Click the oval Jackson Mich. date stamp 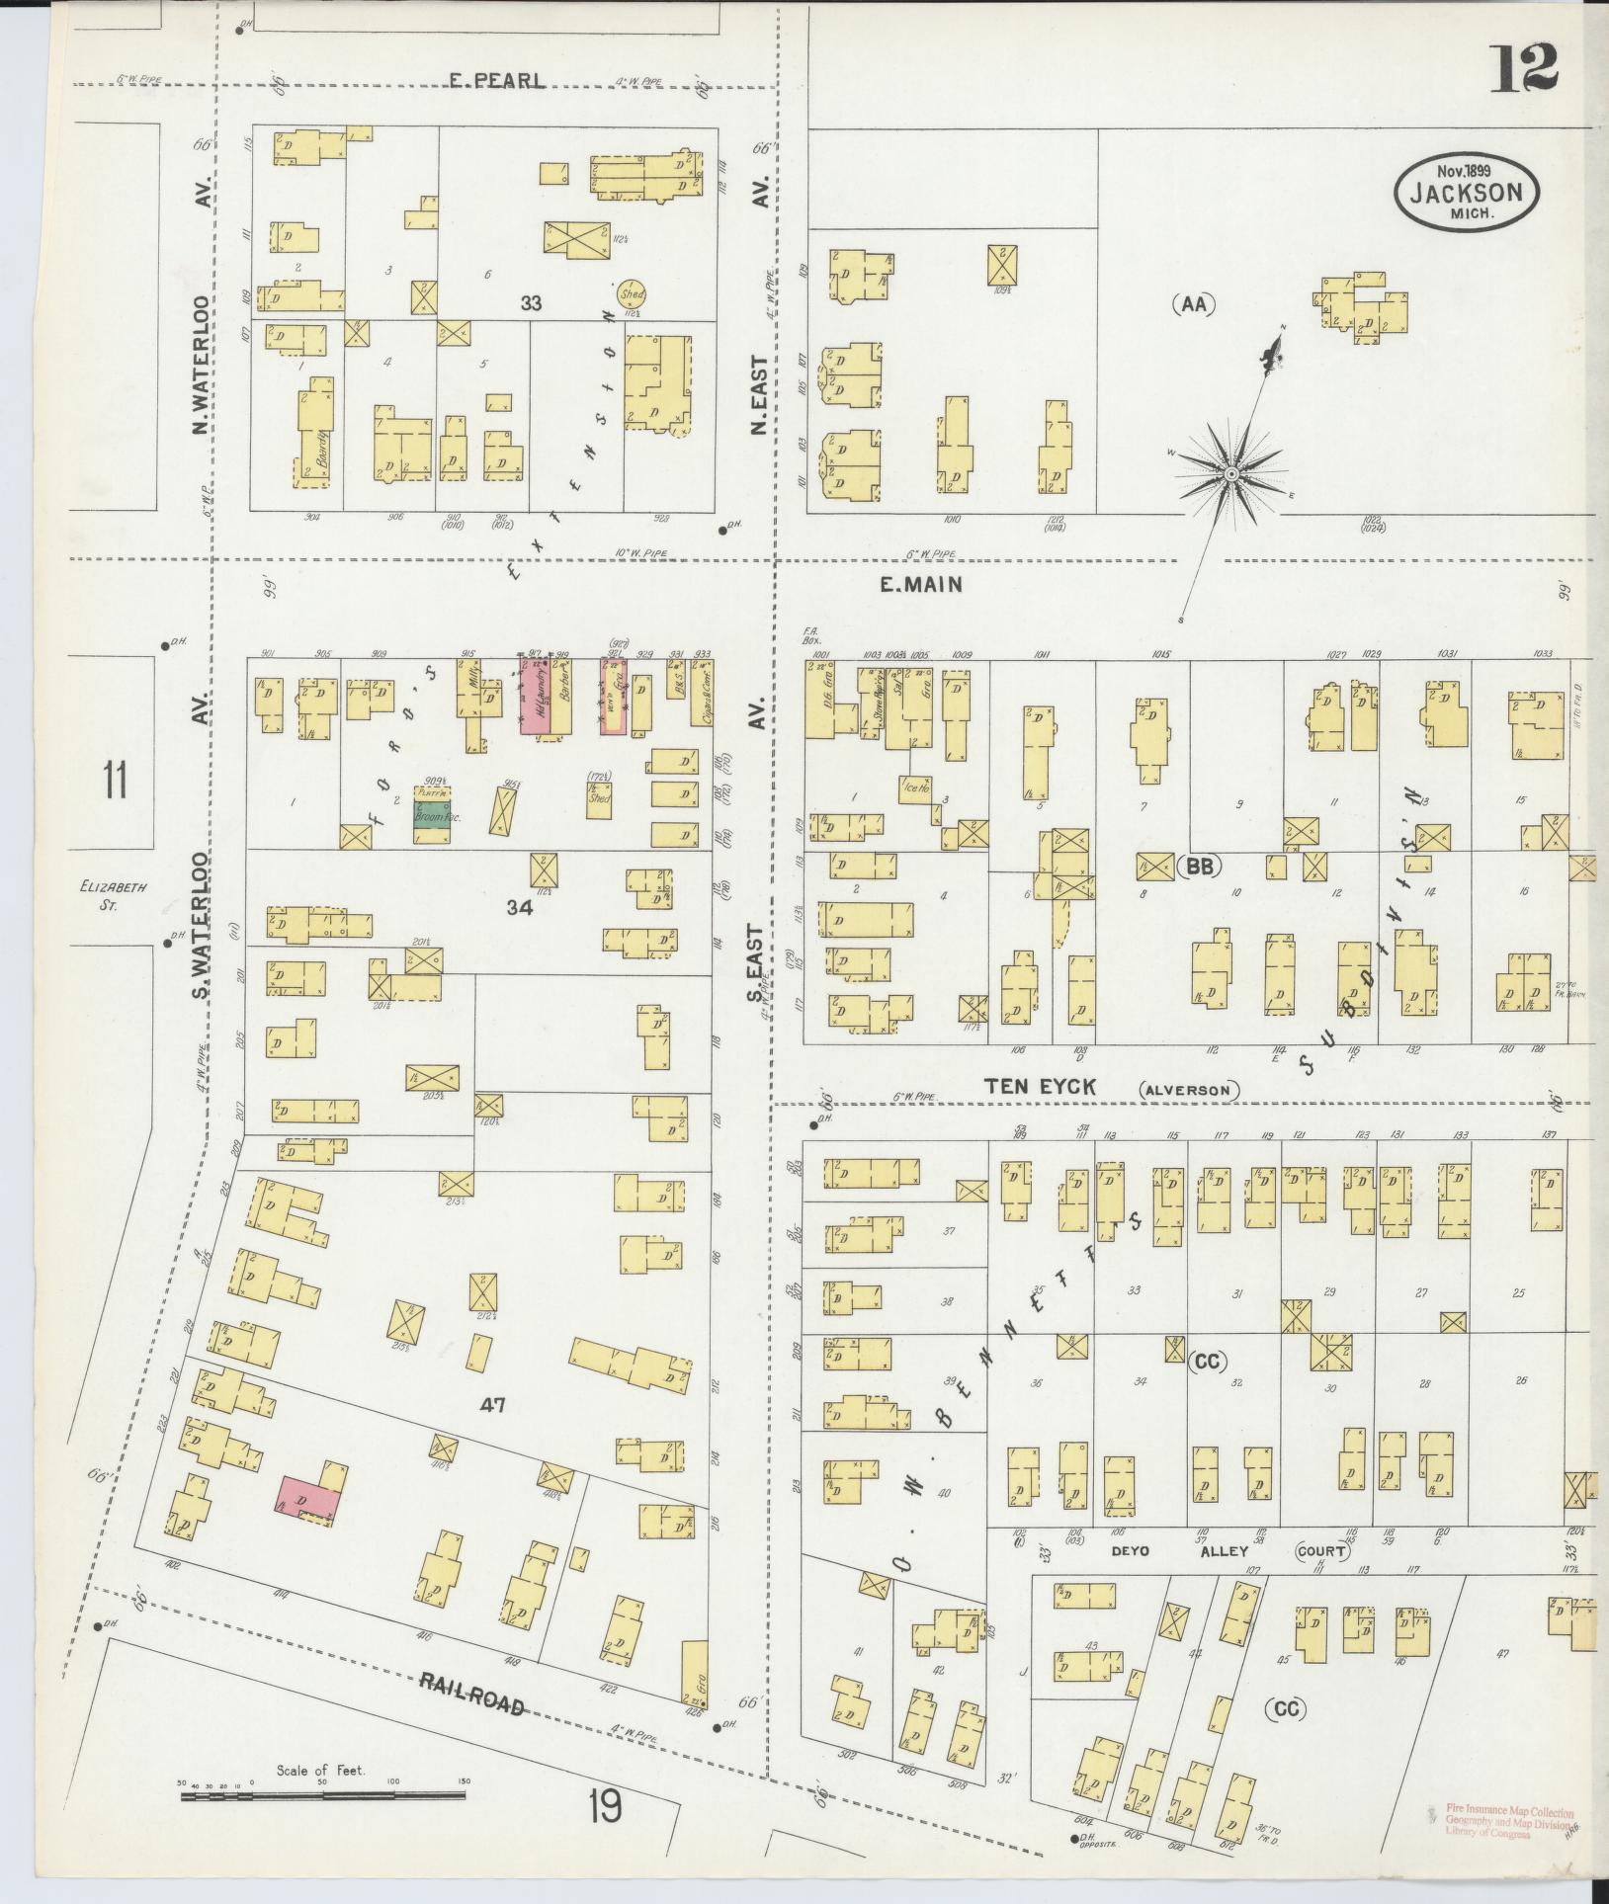[1466, 193]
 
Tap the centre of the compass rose [1231, 475]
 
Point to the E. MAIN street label [920, 585]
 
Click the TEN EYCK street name [1053, 1087]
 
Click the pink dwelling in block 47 [310, 1500]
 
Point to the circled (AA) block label [1194, 305]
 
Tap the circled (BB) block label [1199, 867]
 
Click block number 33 [532, 303]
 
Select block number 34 [518, 907]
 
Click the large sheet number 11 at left [115, 781]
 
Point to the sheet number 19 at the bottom [604, 1808]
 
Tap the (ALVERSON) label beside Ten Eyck [1188, 1090]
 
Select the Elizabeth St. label [114, 895]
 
